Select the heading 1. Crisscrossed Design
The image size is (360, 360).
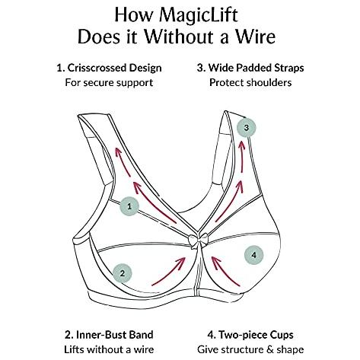(109, 68)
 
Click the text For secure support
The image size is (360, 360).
(109, 83)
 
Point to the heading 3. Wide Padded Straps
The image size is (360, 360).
(250, 68)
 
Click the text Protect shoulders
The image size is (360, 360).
(250, 83)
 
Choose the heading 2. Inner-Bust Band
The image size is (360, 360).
(109, 335)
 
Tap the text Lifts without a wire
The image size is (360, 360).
(109, 349)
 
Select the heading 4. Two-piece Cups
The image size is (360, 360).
(250, 335)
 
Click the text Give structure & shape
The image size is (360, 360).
(250, 349)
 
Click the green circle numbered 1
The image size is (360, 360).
(129, 206)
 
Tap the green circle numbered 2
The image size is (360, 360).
(123, 274)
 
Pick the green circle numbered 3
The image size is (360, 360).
(247, 128)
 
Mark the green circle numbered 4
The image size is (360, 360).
(254, 255)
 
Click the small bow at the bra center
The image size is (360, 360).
(199, 241)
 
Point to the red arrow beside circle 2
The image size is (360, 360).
(170, 272)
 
